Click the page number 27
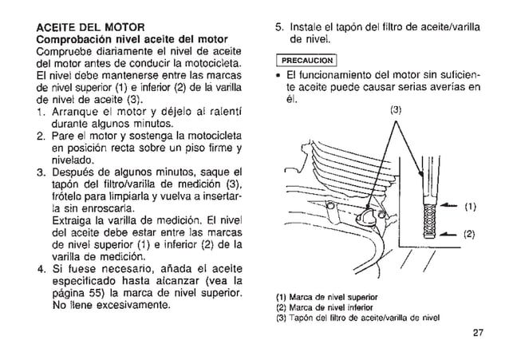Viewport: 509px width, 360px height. pos(477,334)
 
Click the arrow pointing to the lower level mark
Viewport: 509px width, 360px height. pos(448,233)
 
